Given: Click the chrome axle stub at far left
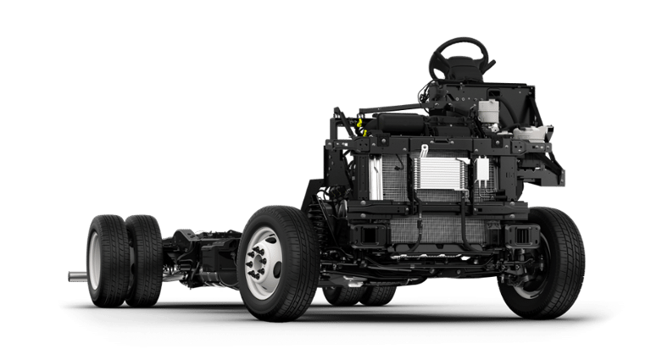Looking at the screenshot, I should [77, 275].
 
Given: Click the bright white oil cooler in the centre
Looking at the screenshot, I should [440, 174].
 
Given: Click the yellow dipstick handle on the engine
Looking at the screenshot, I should [360, 128].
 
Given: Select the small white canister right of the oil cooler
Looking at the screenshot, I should [482, 170].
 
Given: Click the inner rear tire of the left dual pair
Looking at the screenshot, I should [144, 258].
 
